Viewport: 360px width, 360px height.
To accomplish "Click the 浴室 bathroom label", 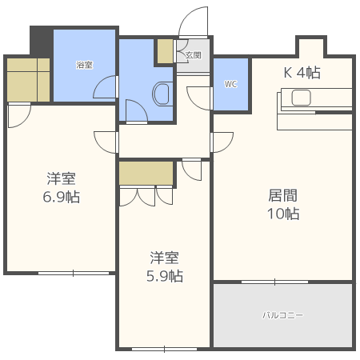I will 85,65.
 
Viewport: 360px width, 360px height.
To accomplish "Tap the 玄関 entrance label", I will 193,55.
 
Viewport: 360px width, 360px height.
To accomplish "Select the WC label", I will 231,84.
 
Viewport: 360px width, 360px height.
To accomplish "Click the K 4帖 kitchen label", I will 302,73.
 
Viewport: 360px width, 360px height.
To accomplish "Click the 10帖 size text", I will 282,214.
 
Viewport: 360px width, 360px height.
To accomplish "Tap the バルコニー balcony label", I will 283,315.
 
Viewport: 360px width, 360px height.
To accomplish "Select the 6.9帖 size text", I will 61,197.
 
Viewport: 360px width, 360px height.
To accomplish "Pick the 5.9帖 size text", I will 166,277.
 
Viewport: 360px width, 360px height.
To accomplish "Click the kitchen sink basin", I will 302,98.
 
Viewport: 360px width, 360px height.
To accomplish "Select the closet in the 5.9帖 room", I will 146,173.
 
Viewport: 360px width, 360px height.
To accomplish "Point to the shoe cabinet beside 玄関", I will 166,51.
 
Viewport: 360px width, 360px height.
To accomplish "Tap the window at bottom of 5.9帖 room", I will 164,349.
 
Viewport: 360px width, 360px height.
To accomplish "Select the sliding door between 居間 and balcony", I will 274,282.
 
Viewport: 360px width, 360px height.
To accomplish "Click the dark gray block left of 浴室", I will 41,40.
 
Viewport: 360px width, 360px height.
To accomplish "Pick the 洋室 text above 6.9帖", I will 61,178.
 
